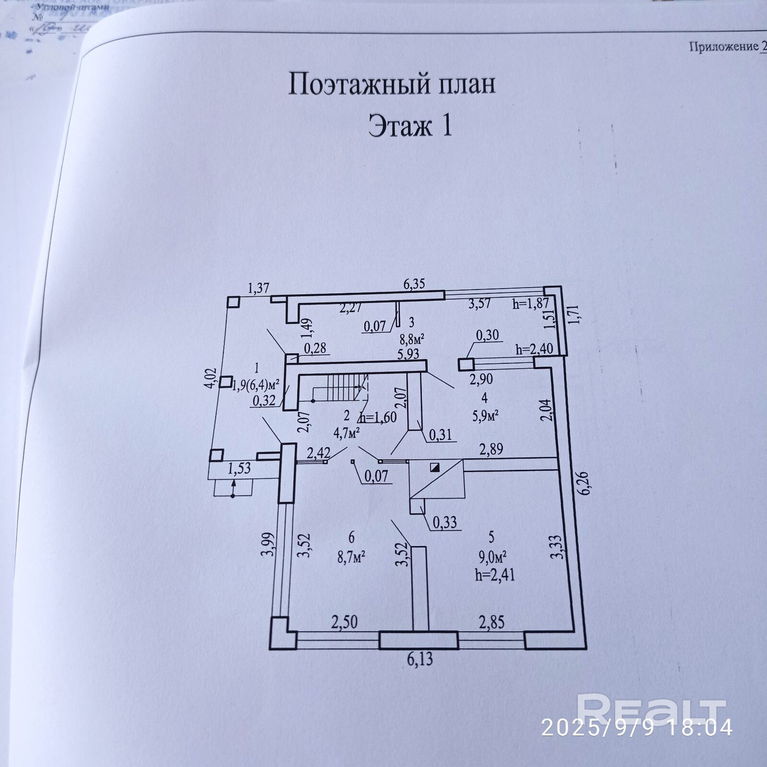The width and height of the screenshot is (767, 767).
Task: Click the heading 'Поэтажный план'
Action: click(x=392, y=84)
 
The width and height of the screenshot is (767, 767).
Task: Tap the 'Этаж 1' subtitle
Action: click(x=410, y=127)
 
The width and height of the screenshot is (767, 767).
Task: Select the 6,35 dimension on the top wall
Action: click(x=414, y=284)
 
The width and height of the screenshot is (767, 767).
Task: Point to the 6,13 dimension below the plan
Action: click(x=420, y=659)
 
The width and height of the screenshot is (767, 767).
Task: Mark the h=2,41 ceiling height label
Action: click(x=495, y=574)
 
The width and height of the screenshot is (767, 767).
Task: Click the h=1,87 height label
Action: click(x=530, y=303)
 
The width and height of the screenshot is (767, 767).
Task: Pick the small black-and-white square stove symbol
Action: click(x=435, y=467)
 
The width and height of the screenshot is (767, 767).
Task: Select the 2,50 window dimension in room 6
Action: click(x=344, y=622)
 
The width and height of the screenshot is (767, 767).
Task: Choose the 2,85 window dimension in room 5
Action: click(x=491, y=622)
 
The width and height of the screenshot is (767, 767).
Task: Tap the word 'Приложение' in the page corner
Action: click(x=723, y=46)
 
